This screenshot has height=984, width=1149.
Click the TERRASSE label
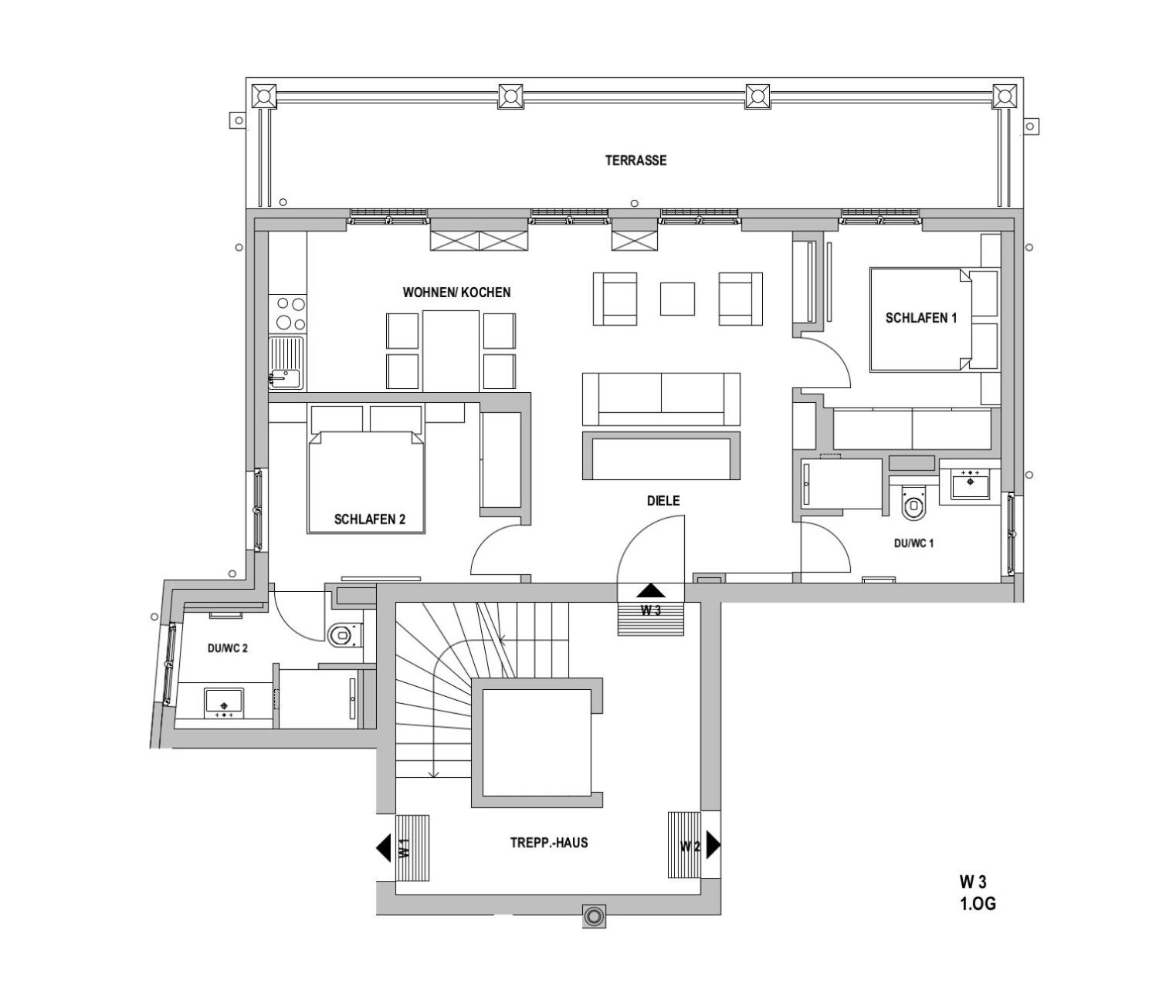coord(636,161)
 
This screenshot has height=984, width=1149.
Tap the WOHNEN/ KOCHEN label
coord(456,292)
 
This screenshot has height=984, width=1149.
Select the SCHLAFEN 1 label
coord(921,318)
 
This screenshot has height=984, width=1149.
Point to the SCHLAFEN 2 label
coord(370,519)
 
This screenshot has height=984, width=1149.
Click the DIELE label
coord(663,501)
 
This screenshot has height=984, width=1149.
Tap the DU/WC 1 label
coord(913,543)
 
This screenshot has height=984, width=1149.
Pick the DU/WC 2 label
coord(227,648)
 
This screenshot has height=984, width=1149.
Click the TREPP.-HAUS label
coord(549,842)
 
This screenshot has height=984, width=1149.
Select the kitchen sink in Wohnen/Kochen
coord(286,363)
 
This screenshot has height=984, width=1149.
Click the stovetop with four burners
coord(287,314)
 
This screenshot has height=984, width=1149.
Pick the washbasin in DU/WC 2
coord(224,703)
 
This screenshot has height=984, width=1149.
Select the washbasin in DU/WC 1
coord(970,484)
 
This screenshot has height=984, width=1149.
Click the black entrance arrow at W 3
coord(650,590)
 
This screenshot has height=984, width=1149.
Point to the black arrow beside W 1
coord(384,848)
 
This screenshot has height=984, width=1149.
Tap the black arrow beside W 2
coord(713,845)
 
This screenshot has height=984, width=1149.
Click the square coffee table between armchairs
coord(677,299)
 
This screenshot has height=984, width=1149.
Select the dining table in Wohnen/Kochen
coord(451,351)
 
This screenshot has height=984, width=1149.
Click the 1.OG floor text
coord(978,919)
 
